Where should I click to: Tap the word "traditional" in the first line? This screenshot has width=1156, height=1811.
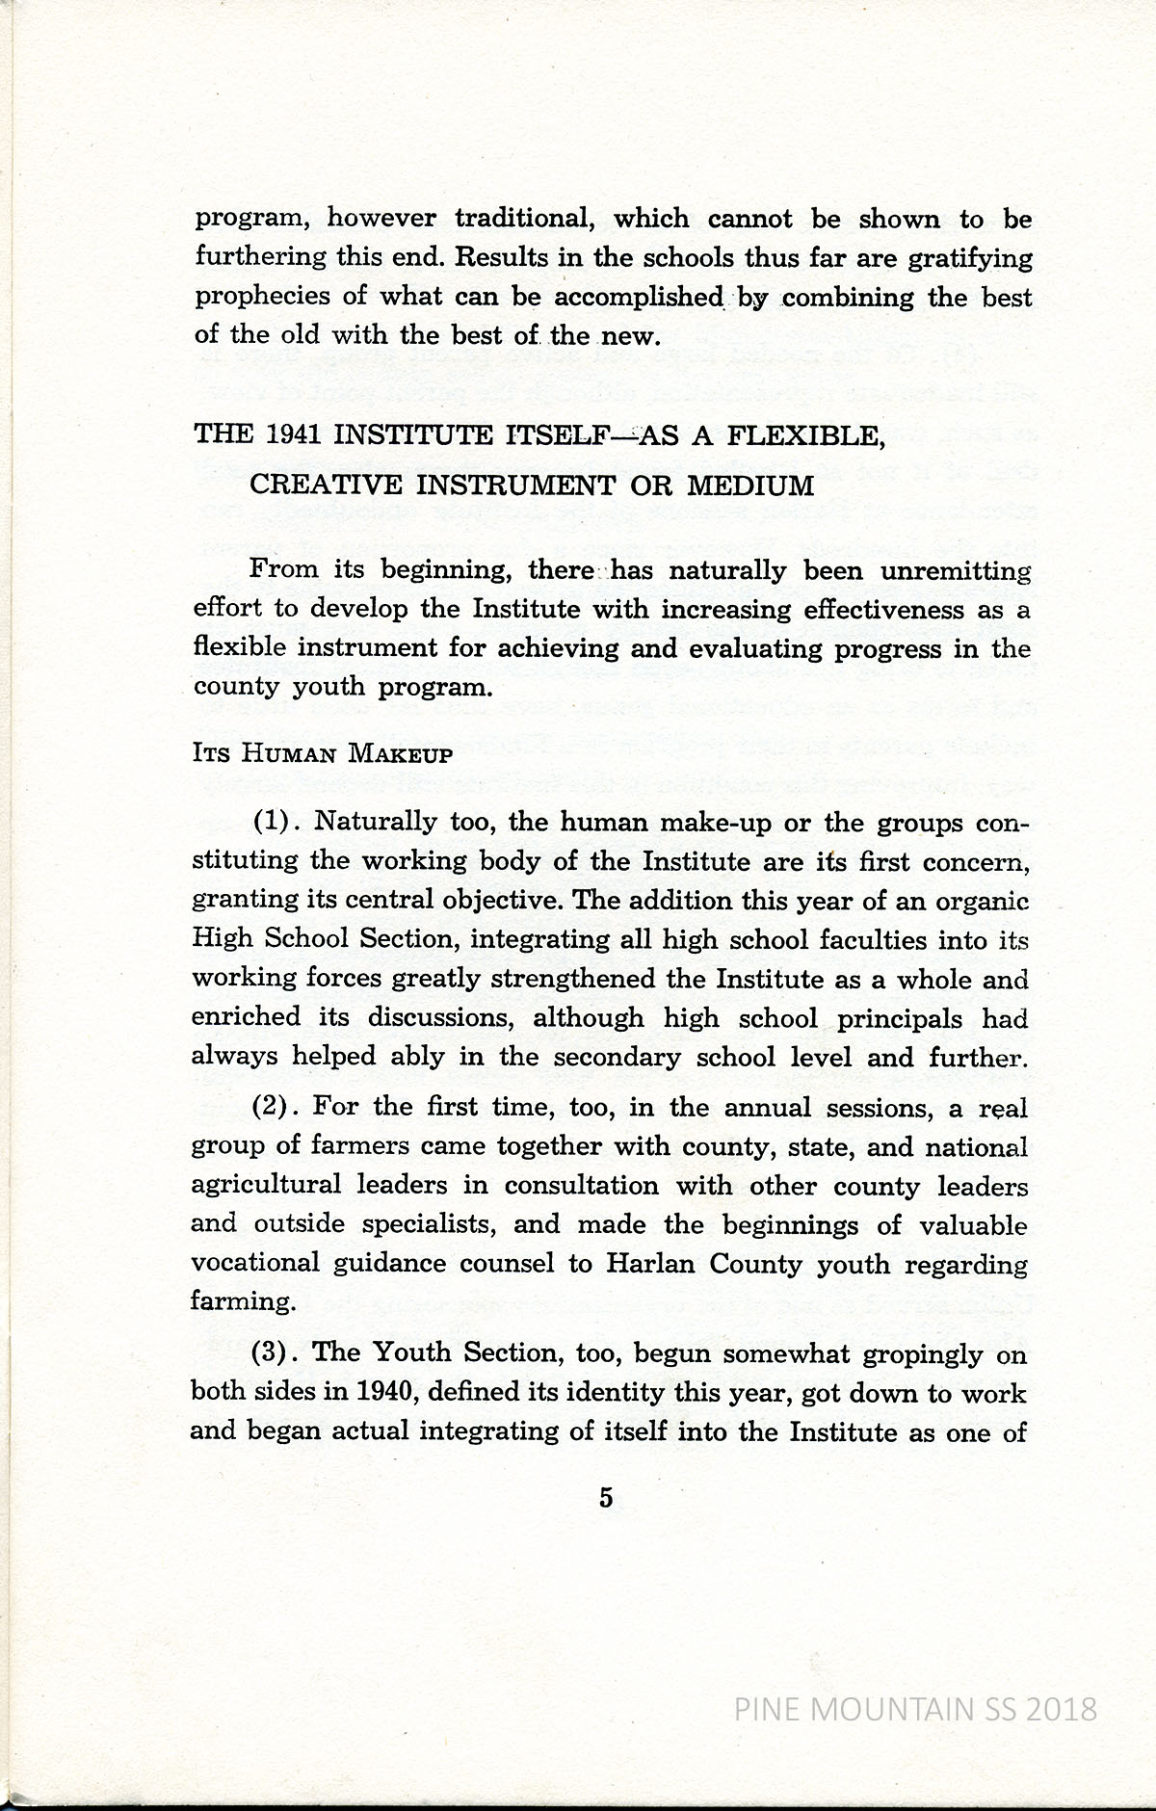coord(520,219)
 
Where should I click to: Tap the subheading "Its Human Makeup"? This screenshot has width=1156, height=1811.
coord(322,753)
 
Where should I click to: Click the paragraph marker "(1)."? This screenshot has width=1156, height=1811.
coord(278,823)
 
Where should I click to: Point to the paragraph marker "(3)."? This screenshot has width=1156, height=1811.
coord(278,1352)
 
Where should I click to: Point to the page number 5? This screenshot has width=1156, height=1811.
coord(606,1498)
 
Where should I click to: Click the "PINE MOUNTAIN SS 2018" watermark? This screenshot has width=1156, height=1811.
coord(915,1710)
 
